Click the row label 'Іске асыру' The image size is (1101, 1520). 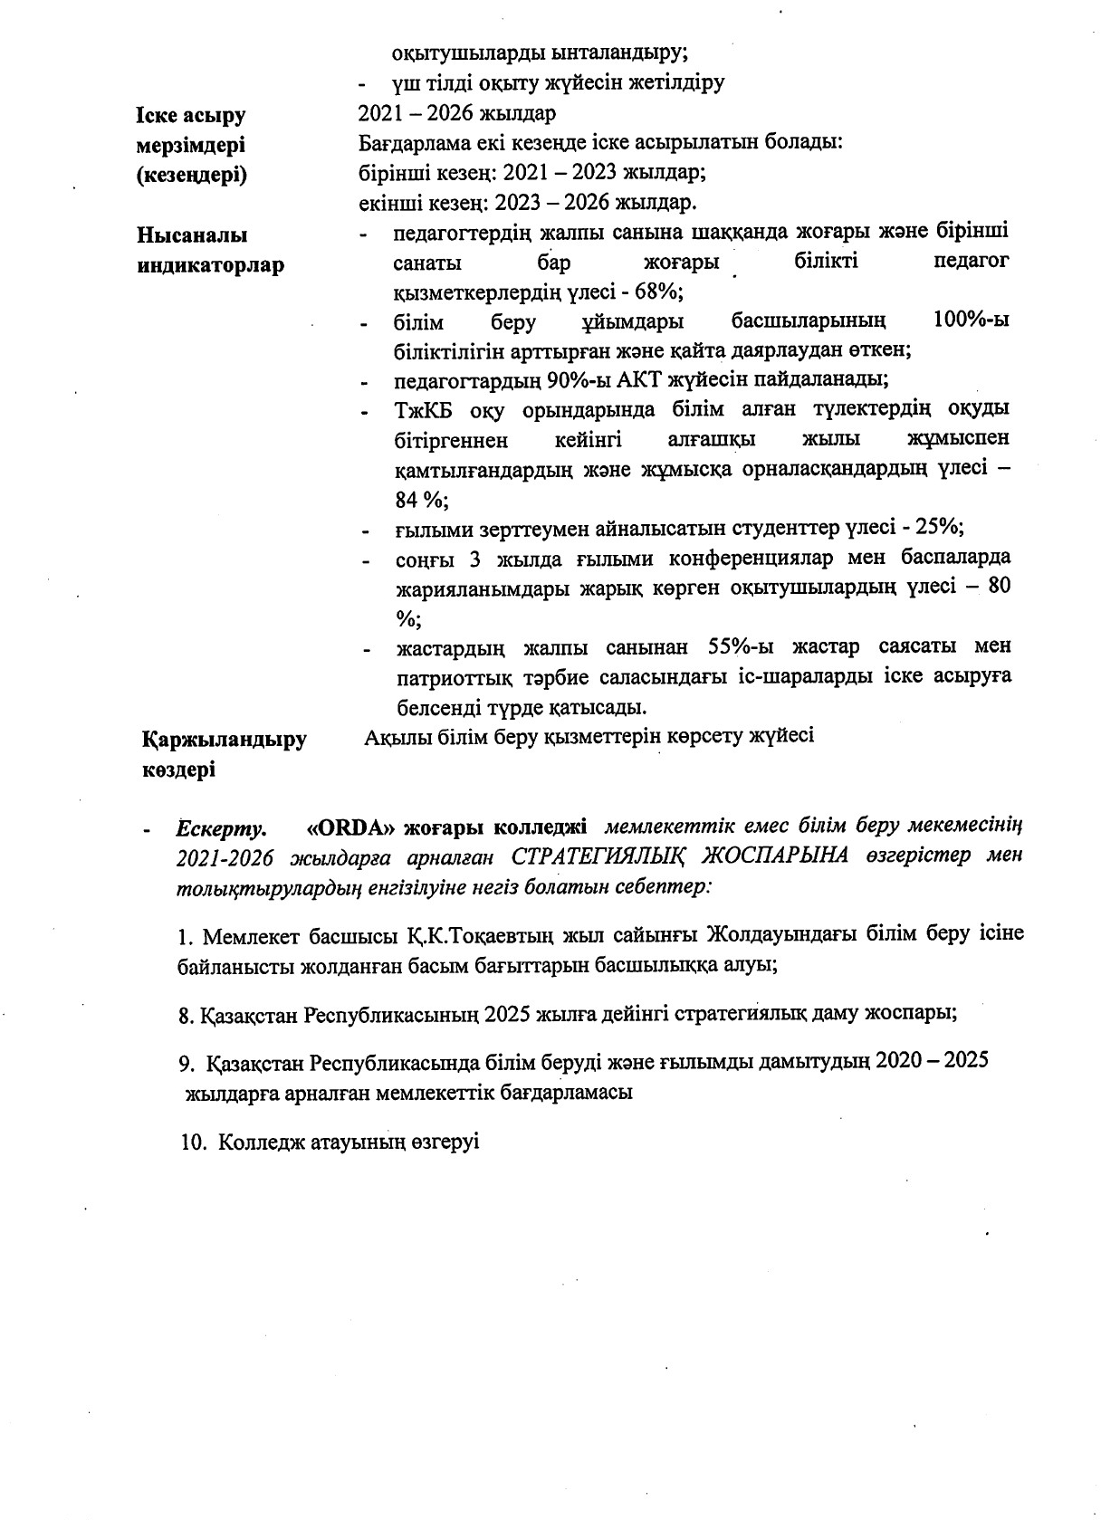(x=191, y=116)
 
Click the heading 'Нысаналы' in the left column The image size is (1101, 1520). (x=191, y=235)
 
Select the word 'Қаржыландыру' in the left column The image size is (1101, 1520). (x=224, y=740)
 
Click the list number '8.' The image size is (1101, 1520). (x=187, y=1015)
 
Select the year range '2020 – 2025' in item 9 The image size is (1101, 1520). (x=931, y=1061)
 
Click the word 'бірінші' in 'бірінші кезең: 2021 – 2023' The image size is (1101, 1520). (x=389, y=172)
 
